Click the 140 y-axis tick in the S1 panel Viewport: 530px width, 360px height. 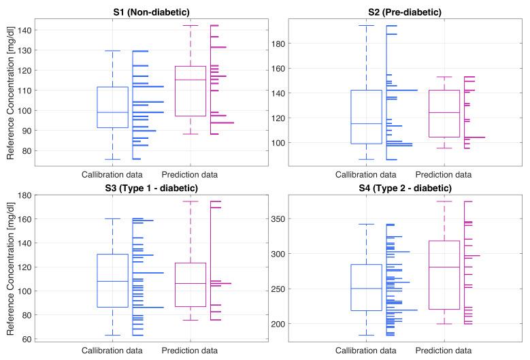[23, 31]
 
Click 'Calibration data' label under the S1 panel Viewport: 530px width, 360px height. [112, 173]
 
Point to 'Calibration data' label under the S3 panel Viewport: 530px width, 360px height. [112, 350]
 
